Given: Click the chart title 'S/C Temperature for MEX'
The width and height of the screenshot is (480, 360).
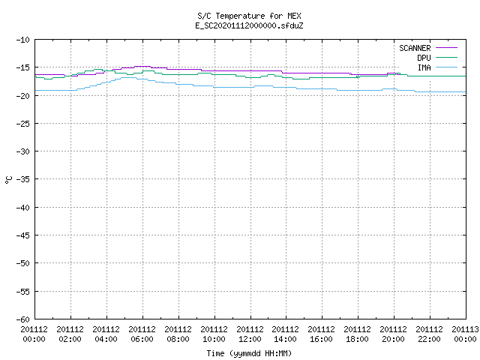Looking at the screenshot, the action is pos(249,16).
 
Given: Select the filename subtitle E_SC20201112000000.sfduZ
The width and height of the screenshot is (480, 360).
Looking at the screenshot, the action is pos(249,25).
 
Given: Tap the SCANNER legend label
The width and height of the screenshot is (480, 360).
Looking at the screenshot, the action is pos(415,48).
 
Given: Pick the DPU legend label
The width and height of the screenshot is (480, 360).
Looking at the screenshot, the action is pos(424,58).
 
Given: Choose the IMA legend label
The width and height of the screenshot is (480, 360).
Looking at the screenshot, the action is pos(424,67).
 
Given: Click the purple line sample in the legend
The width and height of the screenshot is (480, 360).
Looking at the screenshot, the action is pos(446,48).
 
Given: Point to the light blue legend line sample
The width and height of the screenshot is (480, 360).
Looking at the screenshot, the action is pos(446,67).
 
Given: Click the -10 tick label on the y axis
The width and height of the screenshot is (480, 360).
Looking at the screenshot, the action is pos(23,40).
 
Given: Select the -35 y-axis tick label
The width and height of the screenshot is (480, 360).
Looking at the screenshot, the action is pos(23,179).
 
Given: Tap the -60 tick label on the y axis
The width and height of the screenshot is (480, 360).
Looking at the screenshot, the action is pos(23,319).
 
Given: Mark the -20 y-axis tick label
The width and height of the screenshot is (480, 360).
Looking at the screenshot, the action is pos(23,96).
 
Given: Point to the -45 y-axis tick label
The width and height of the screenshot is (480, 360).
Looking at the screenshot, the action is pos(23,235).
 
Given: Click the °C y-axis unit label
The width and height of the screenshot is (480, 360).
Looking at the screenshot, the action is pos(8,180).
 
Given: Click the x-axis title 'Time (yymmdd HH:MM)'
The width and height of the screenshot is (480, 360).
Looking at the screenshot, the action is pos(249,353).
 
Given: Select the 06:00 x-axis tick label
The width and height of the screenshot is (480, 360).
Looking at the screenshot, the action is pos(142,339).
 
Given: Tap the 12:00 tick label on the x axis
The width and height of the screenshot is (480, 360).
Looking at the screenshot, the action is pos(250,339).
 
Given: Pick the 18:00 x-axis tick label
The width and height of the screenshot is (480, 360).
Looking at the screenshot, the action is pos(357,339).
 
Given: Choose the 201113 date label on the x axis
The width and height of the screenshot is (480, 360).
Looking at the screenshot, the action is pos(465,329).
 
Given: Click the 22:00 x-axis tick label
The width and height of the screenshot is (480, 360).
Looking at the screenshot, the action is pos(429,339).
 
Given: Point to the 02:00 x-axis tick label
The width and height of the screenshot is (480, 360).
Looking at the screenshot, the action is pos(70,339).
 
